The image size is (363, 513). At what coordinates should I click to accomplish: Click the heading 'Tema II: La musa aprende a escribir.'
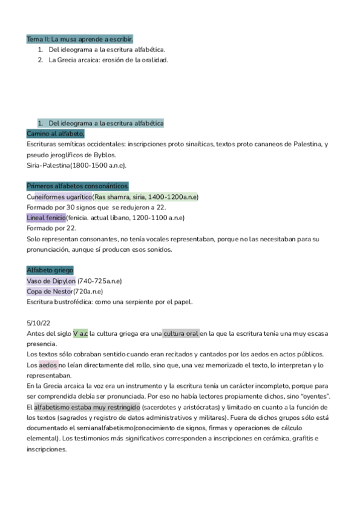pyautogui.click(x=80, y=39)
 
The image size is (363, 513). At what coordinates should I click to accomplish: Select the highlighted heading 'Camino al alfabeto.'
pyautogui.click(x=56, y=133)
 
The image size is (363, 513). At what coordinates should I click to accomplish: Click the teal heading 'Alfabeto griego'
pyautogui.click(x=50, y=270)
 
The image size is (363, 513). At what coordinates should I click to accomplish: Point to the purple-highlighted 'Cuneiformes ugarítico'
pyautogui.click(x=59, y=197)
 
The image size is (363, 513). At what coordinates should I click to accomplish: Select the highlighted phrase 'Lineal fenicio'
pyautogui.click(x=46, y=218)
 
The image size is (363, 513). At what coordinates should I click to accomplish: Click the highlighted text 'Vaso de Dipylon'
pyautogui.click(x=51, y=281)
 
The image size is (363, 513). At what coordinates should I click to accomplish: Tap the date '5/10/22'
pyautogui.click(x=38, y=323)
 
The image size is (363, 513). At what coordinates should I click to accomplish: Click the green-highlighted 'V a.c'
pyautogui.click(x=80, y=333)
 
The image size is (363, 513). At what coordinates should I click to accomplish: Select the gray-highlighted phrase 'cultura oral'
pyautogui.click(x=181, y=333)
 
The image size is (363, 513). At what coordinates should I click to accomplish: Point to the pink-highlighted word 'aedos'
pyautogui.click(x=48, y=365)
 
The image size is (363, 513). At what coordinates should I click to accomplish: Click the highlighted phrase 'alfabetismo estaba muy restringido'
pyautogui.click(x=87, y=407)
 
